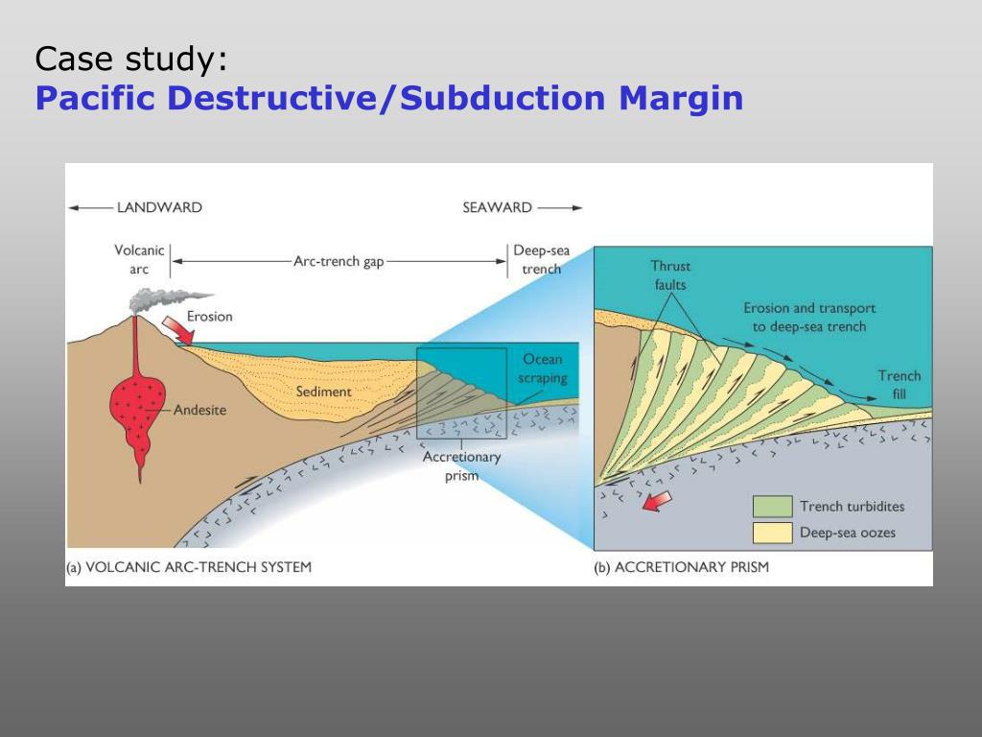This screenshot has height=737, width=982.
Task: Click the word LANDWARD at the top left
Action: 158,207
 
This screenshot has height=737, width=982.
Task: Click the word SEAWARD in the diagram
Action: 497,207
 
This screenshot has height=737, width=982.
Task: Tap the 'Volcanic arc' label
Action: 140,259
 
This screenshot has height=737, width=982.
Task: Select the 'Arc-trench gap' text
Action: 339,261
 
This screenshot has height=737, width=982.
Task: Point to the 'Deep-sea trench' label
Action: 541,259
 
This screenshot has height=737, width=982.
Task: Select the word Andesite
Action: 199,411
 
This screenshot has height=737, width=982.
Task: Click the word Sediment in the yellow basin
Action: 323,392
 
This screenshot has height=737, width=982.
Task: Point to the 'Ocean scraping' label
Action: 542,368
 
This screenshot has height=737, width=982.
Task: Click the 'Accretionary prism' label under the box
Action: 461,465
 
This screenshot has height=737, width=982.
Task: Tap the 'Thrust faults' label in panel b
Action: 670,274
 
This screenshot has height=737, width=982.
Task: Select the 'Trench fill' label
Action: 899,384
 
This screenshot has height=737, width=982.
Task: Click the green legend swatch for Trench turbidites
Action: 772,507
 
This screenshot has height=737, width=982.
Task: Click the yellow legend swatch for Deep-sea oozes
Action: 772,533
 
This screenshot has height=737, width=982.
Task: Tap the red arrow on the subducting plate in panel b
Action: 655,501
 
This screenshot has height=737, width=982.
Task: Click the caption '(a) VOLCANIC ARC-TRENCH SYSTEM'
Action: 188,567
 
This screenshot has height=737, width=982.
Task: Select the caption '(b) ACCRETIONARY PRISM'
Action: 681,567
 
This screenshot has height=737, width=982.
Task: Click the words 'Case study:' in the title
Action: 131,59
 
